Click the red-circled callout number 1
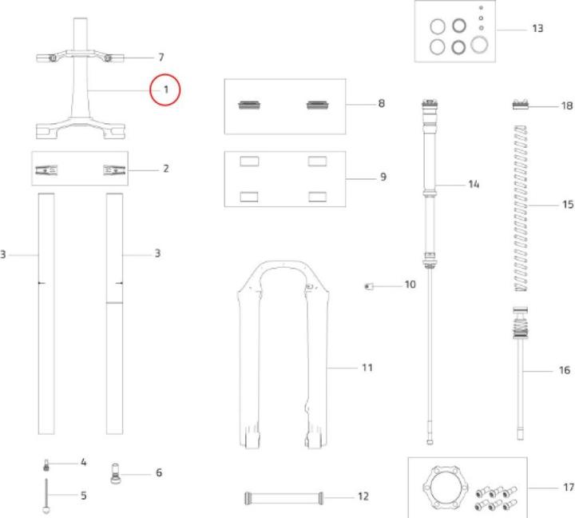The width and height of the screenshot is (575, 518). click(x=166, y=90)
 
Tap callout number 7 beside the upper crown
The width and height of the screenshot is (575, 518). click(x=161, y=58)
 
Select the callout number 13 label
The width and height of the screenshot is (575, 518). click(x=537, y=29)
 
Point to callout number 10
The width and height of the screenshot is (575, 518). click(x=410, y=285)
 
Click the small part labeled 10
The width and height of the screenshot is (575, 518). click(x=368, y=286)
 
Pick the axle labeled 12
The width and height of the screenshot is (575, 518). click(x=284, y=498)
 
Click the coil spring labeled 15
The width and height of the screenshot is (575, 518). click(x=521, y=209)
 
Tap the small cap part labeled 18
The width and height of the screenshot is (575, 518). click(x=521, y=104)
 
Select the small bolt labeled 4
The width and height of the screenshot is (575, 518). click(x=46, y=465)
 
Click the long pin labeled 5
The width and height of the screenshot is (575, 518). click(x=46, y=496)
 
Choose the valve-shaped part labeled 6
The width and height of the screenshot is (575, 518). click(x=115, y=473)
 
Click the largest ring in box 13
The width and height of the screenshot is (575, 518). click(x=479, y=45)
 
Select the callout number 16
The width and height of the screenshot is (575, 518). click(x=565, y=370)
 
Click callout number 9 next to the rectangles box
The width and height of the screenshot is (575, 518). click(x=383, y=177)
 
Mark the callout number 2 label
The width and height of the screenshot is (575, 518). click(x=166, y=169)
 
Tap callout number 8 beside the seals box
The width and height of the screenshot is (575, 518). click(x=382, y=104)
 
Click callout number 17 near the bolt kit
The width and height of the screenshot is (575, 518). click(x=569, y=487)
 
